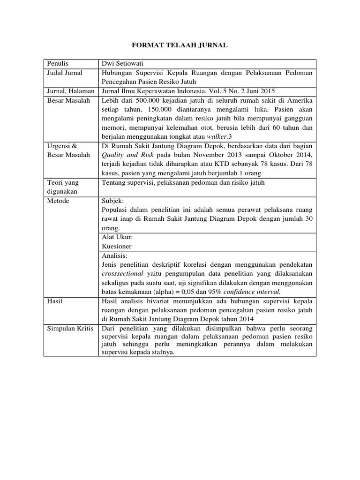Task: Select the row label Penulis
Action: point(58,64)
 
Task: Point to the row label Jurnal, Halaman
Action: point(70,90)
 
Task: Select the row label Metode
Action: point(58,201)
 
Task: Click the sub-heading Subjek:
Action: point(112,201)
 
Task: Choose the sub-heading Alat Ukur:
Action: point(117,237)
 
